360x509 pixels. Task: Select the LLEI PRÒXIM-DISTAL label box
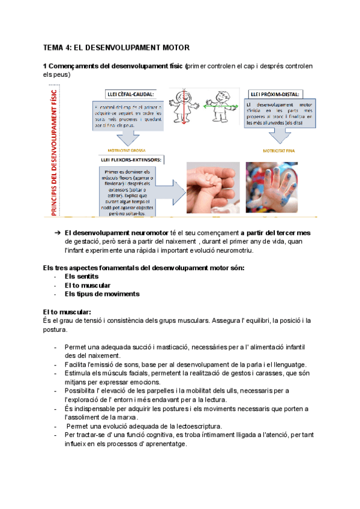coord(276,94)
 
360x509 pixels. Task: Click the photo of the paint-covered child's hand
coord(272,188)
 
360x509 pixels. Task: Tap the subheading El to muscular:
coord(67,312)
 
